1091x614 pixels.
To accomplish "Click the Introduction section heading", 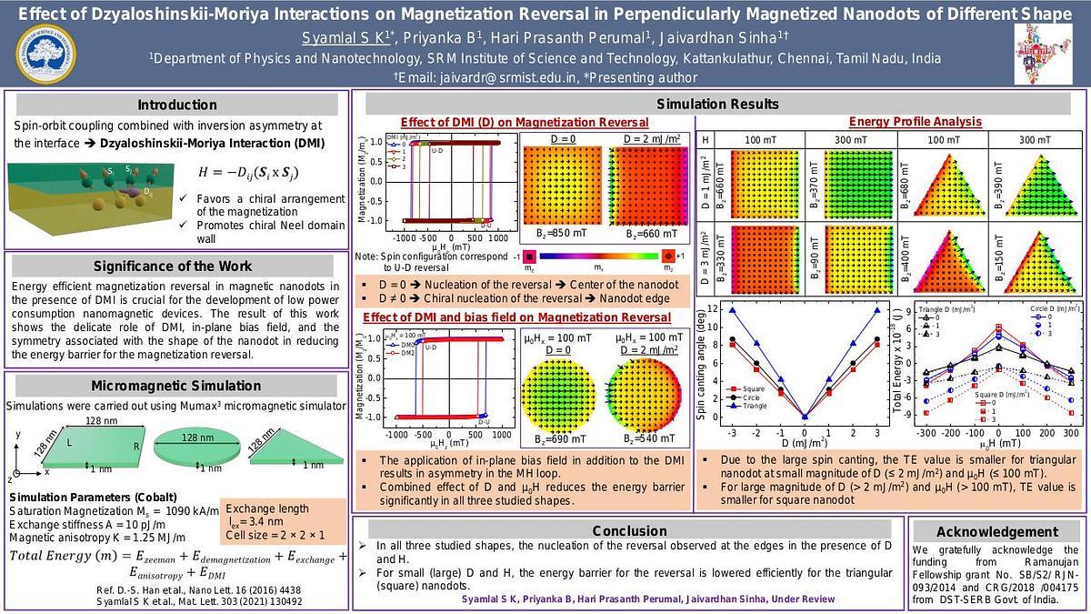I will click(177, 105).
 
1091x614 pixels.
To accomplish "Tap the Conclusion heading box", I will click(629, 531).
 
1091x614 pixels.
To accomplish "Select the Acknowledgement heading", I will click(997, 532).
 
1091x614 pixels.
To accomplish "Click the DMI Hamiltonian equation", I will click(251, 173).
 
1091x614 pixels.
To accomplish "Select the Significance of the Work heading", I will click(177, 266).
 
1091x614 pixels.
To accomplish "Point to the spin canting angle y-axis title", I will click(701, 364).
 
